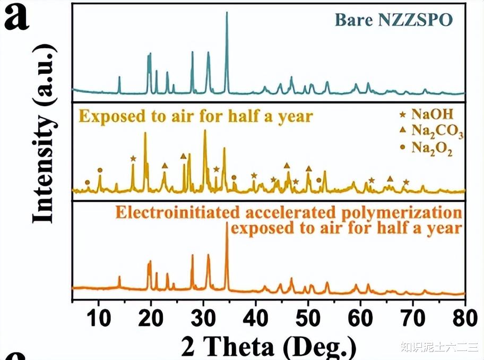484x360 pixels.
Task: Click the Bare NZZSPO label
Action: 393,20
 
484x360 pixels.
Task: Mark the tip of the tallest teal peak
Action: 227,12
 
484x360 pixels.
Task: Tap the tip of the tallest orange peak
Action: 227,223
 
